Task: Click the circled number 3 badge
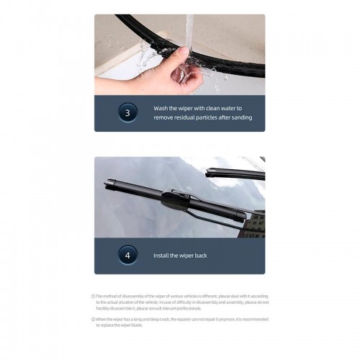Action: pos(127,112)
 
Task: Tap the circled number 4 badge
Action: pos(127,255)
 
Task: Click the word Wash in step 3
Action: pos(161,107)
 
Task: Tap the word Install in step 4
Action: pos(161,256)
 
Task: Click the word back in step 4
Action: pos(200,256)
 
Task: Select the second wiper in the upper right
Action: pos(234,173)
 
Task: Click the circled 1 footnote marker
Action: pos(93,296)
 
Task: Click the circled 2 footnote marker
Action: pos(93,318)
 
